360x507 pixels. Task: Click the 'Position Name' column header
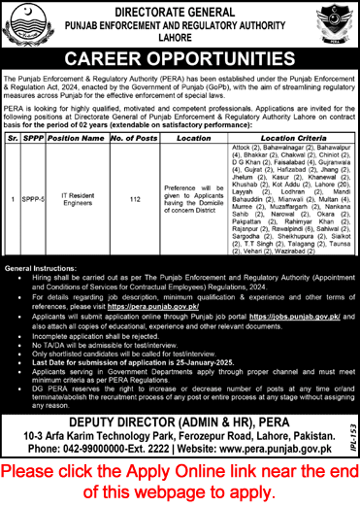[75, 139]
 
